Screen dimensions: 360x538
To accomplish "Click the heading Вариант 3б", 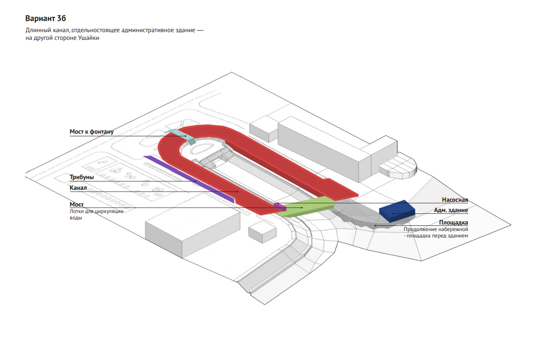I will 45,19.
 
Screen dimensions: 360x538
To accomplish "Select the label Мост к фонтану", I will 92,132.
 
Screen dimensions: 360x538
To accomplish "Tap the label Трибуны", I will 82,177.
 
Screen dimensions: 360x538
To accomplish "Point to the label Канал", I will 78,188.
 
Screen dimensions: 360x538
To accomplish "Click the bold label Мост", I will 77,204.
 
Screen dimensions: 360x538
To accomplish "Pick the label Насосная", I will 455,200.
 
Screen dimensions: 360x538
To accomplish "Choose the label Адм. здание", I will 451,210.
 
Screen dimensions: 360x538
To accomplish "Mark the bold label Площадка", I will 453,223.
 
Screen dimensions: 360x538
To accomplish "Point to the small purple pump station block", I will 279,207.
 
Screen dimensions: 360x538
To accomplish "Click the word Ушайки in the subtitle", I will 87,39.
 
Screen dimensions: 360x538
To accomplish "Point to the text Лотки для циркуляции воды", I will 96,214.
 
